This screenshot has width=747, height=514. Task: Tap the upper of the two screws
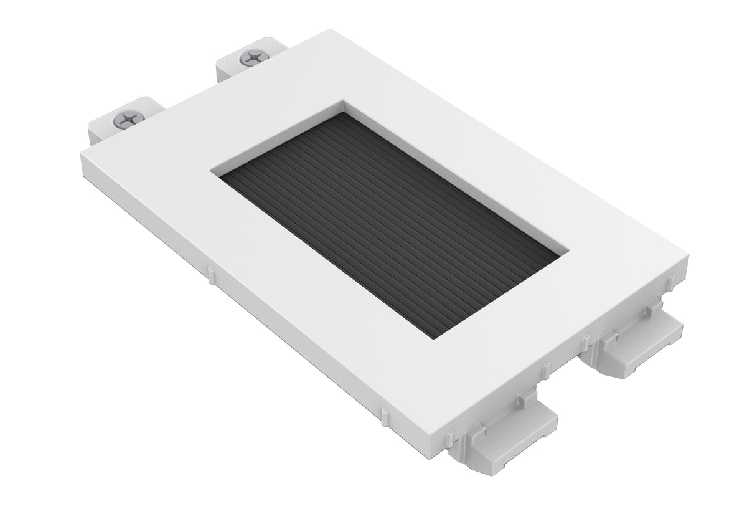[252, 58]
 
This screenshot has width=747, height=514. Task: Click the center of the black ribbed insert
[389, 224]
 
